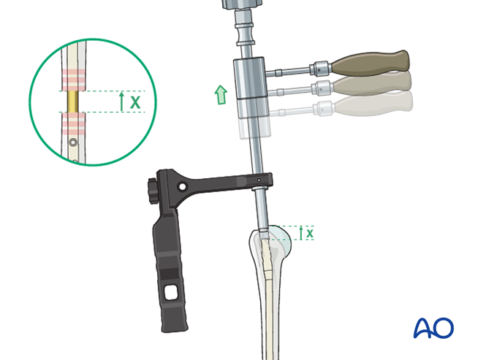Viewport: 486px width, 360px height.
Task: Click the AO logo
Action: tap(433, 328)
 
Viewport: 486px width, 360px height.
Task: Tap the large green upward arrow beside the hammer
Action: tap(221, 95)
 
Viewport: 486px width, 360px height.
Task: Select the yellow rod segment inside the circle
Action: tap(73, 102)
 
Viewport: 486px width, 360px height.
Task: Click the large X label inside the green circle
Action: tap(135, 102)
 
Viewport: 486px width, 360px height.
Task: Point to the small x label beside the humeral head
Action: tap(310, 233)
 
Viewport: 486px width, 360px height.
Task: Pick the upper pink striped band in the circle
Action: tap(74, 80)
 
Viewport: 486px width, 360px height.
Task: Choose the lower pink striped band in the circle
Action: tap(74, 123)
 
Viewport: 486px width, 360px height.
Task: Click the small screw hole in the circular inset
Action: tap(73, 142)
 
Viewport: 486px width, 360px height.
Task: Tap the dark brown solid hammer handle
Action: tap(371, 64)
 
